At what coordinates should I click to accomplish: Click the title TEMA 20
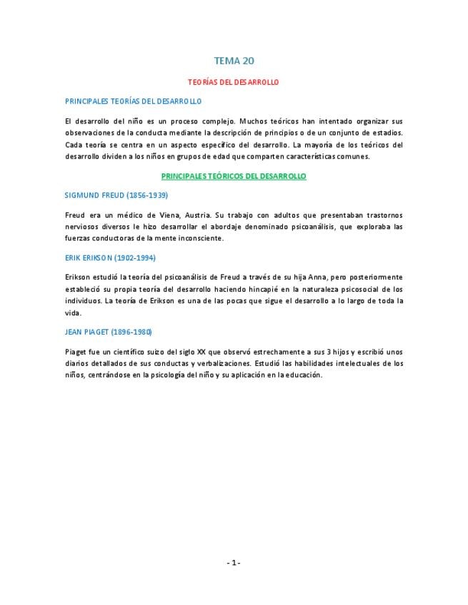pyautogui.click(x=234, y=62)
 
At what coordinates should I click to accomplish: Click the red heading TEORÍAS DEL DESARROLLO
pyautogui.click(x=234, y=83)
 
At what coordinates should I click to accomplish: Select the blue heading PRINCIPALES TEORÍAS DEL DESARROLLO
pyautogui.click(x=133, y=101)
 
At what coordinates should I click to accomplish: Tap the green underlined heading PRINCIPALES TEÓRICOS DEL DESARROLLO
pyautogui.click(x=234, y=176)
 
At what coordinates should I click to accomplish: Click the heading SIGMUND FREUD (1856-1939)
pyautogui.click(x=116, y=195)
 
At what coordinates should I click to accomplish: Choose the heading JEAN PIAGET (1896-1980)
pyautogui.click(x=108, y=332)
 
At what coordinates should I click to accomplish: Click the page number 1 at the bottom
pyautogui.click(x=234, y=562)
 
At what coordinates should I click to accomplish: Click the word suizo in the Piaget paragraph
pyautogui.click(x=169, y=351)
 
